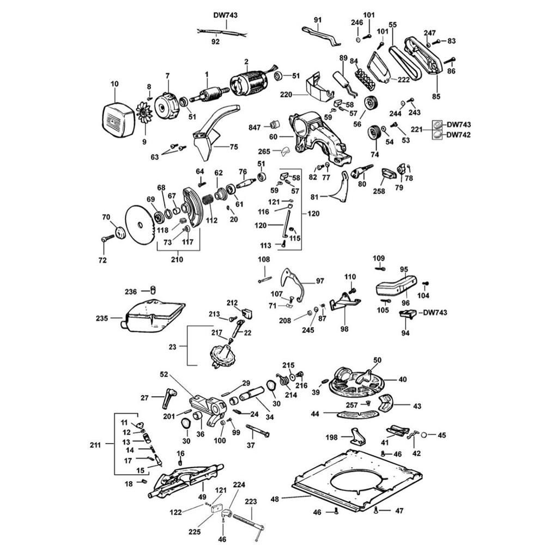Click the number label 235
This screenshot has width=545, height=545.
coord(117,318)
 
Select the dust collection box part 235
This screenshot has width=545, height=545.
coord(154,316)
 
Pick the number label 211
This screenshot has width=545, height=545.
coord(95,444)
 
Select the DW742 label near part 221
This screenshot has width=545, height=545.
coord(459,135)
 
